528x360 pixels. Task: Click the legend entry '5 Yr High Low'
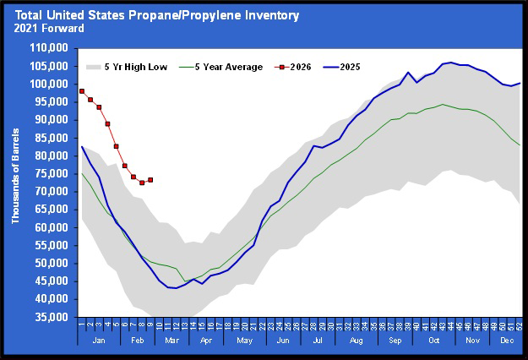click(x=136, y=67)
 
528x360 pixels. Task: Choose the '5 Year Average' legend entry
click(x=228, y=67)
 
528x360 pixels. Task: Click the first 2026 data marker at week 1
click(x=82, y=91)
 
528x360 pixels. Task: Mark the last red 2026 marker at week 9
click(x=150, y=180)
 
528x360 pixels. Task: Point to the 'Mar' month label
click(x=172, y=341)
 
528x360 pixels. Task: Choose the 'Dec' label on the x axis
click(x=508, y=341)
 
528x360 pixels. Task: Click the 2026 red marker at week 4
click(x=108, y=124)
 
